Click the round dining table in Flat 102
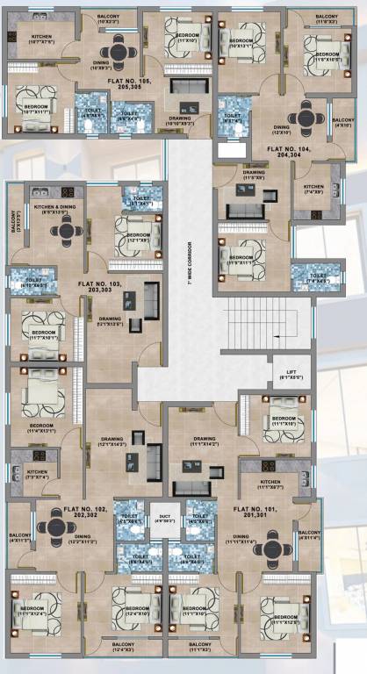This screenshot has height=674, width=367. click(59, 527)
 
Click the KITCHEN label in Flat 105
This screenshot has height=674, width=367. click(28, 38)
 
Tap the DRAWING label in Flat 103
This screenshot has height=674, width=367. click(110, 320)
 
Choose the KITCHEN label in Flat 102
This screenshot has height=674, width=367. click(37, 474)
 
